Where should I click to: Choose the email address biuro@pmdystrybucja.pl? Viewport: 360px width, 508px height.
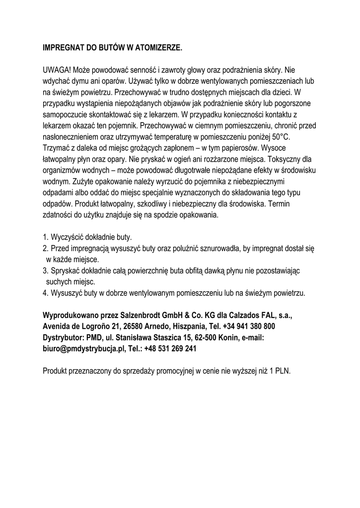(x=82, y=348)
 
